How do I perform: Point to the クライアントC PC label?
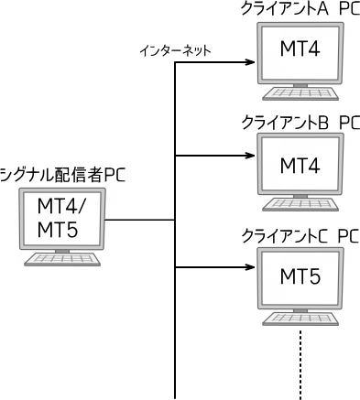(299, 235)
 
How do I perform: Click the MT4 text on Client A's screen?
(300, 51)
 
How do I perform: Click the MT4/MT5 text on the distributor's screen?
(63, 217)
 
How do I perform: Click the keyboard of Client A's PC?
(300, 93)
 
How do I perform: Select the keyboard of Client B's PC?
(300, 207)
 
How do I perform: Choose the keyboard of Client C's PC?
(300, 319)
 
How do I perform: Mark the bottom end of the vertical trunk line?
(174, 395)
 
